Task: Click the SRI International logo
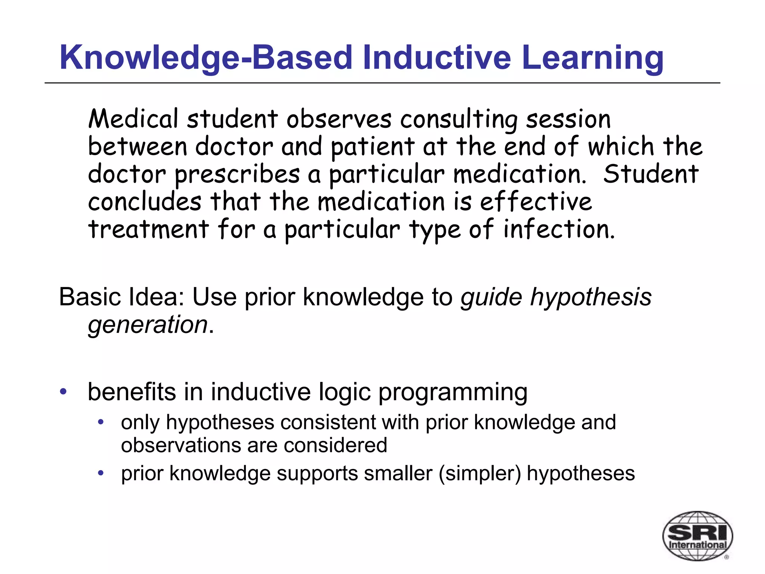tap(697, 536)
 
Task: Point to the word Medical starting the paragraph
tap(133, 119)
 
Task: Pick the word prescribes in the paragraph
tap(237, 174)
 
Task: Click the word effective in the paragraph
tap(536, 202)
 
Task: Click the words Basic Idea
tap(121, 297)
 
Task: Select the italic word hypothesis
tap(591, 297)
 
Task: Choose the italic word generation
tap(148, 324)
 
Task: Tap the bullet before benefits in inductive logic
tap(63, 392)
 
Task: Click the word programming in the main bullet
tap(453, 392)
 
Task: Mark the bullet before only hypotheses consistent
tap(100, 422)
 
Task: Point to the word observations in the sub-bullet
tap(181, 445)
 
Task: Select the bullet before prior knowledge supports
tap(100, 473)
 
